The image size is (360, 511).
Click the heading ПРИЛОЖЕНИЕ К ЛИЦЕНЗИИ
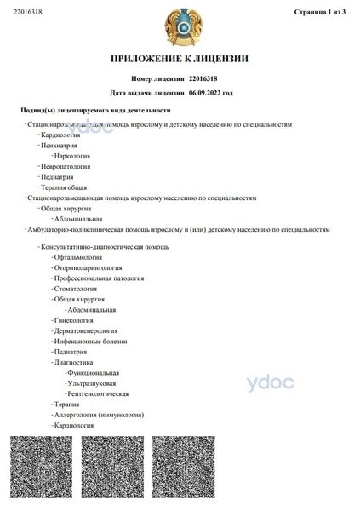click(x=180, y=59)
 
